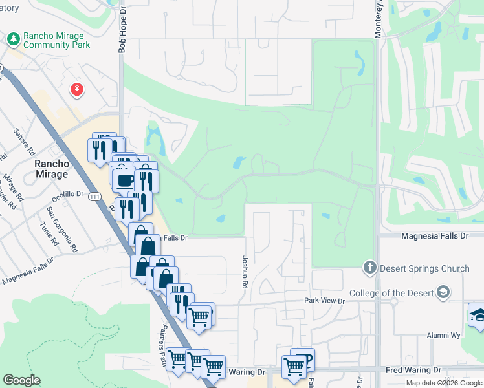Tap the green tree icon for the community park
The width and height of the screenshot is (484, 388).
click(x=14, y=40)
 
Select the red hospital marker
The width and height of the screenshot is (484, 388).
click(x=77, y=89)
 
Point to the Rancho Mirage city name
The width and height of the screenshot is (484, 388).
click(x=51, y=169)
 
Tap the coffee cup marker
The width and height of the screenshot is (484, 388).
click(x=124, y=179)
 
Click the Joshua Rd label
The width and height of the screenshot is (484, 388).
click(x=245, y=272)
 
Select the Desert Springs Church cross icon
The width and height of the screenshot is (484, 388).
click(x=370, y=268)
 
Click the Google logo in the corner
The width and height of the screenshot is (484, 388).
click(x=21, y=380)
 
